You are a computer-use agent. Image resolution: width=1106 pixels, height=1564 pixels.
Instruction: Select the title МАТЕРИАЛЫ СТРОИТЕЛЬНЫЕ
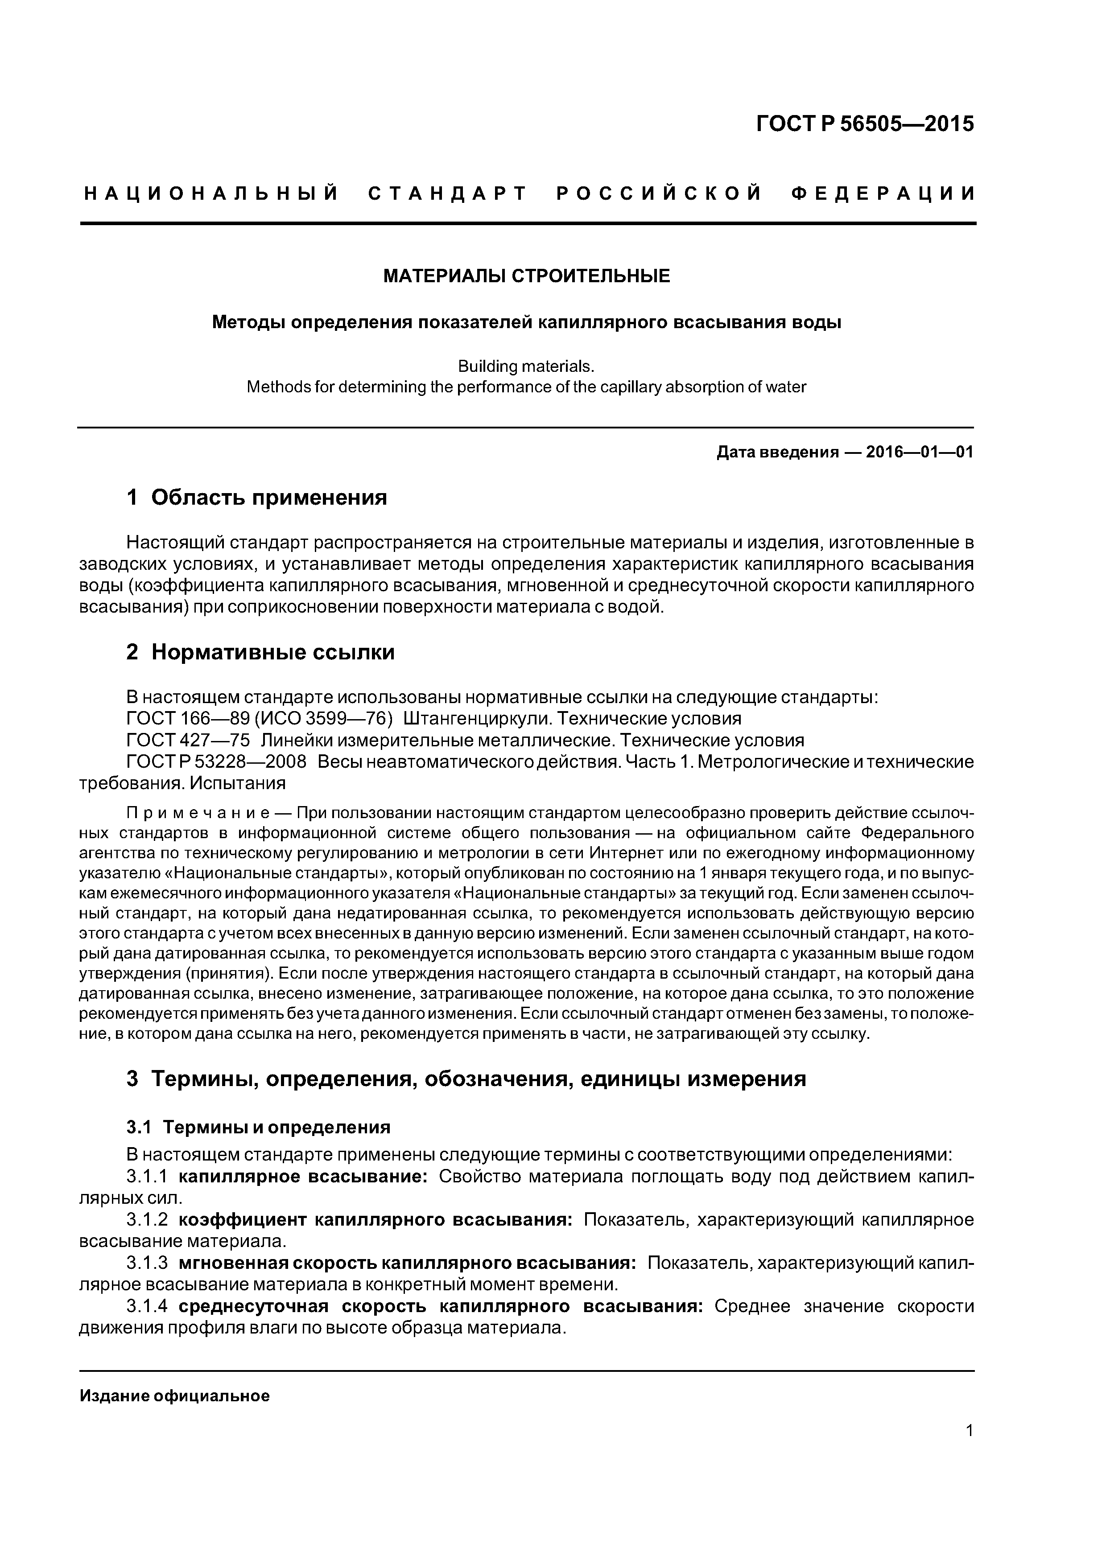point(526,276)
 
